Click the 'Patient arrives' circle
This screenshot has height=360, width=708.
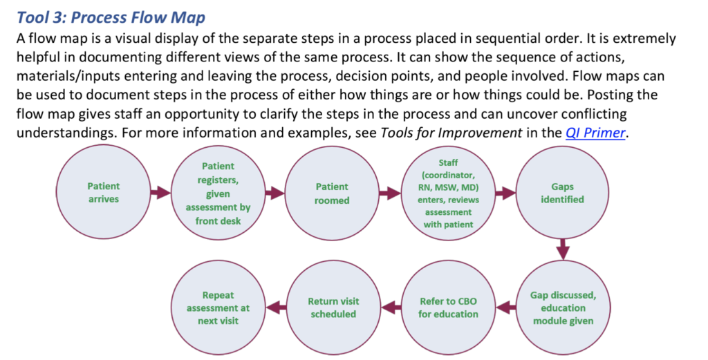(104, 193)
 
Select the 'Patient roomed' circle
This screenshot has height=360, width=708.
(332, 193)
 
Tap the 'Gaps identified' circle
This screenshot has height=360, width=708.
(562, 193)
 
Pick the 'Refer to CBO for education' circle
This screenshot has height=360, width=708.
(448, 307)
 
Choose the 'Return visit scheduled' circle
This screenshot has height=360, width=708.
(333, 307)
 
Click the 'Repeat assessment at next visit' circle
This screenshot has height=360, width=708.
(218, 307)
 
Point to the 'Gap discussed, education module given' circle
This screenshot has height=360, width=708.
(563, 307)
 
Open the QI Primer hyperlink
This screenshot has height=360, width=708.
(595, 133)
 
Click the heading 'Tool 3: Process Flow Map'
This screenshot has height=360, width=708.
(111, 17)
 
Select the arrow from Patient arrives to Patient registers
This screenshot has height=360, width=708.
(160, 193)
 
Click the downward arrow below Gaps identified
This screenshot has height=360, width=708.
(563, 250)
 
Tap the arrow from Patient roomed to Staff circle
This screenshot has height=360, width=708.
(390, 193)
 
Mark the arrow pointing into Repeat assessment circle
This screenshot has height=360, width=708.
(276, 307)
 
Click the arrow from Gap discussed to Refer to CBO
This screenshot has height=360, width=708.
(505, 307)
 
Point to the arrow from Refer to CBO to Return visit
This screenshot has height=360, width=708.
(391, 307)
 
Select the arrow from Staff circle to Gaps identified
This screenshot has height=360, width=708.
(505, 193)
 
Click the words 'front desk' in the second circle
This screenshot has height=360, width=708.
(218, 221)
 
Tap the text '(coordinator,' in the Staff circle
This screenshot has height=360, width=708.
(448, 175)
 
